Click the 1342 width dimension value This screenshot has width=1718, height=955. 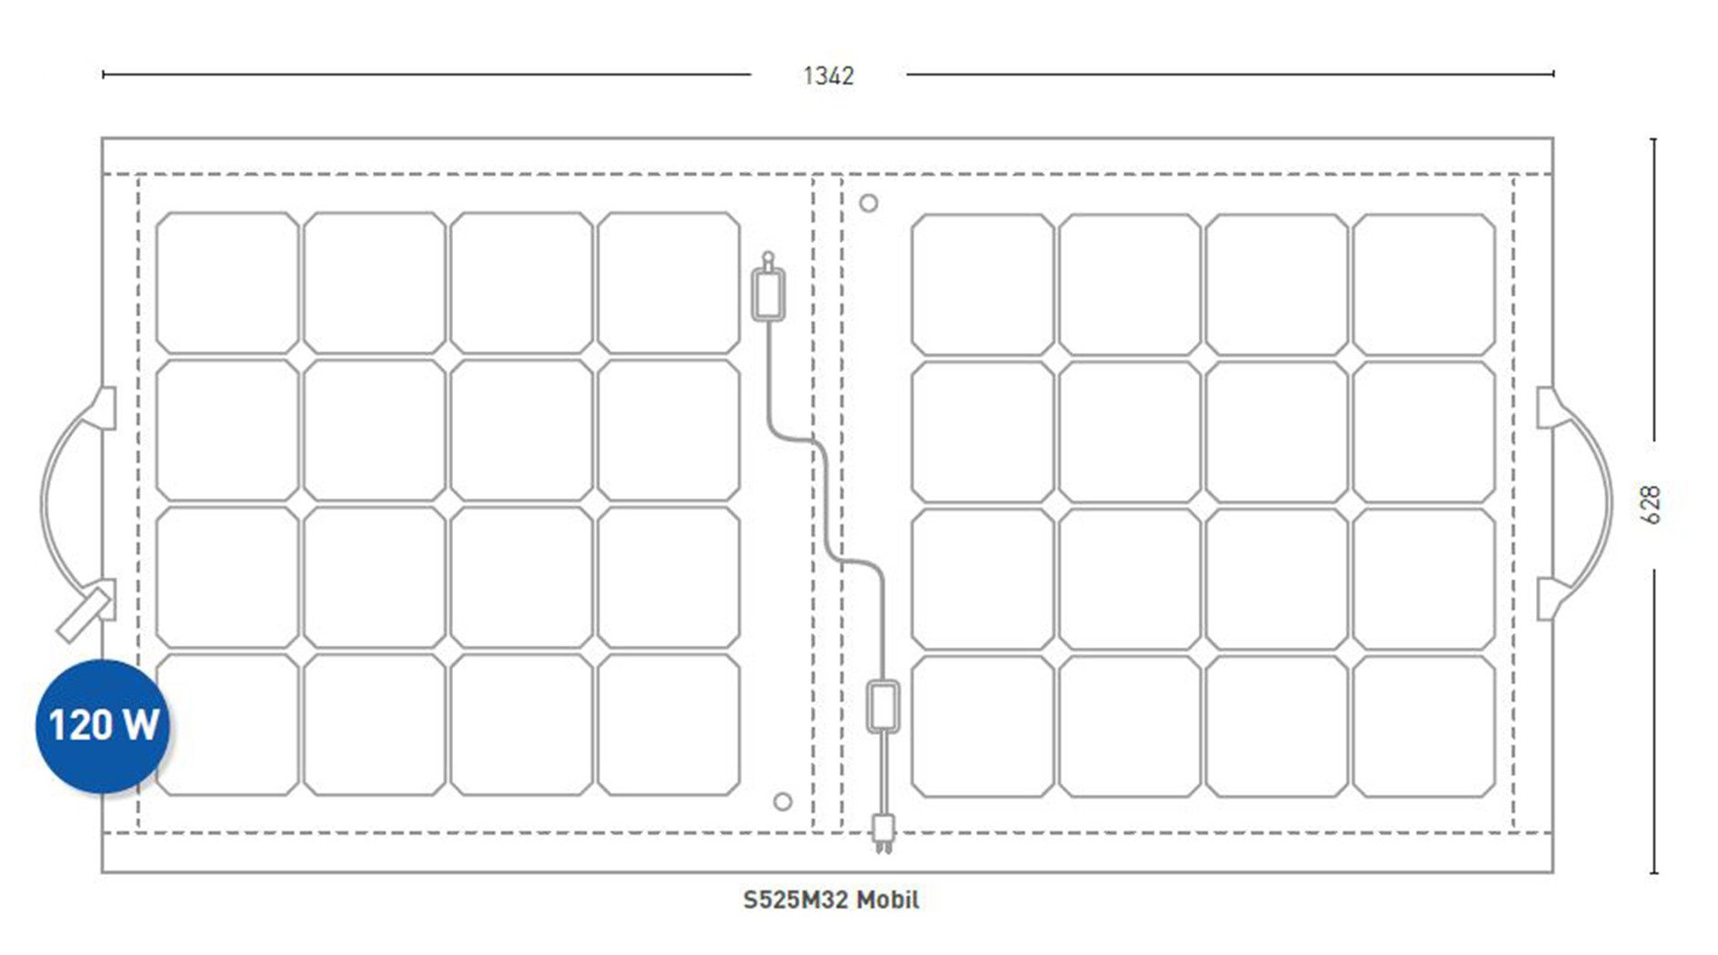[x=829, y=75]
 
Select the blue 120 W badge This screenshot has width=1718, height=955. [x=103, y=726]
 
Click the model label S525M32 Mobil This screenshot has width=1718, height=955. [x=831, y=900]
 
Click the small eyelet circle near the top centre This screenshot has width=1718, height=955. [x=869, y=203]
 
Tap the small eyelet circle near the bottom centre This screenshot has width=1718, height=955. [x=782, y=801]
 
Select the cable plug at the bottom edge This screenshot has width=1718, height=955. [x=882, y=832]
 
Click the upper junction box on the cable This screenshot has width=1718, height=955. [x=769, y=293]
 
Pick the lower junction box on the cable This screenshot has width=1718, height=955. [x=883, y=706]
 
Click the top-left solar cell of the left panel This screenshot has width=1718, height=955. [x=227, y=283]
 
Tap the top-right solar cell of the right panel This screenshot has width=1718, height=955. [x=1423, y=285]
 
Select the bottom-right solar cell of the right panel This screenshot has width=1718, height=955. [x=1423, y=727]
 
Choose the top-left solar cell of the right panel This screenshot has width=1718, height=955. [x=982, y=285]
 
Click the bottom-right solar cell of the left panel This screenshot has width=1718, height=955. [x=668, y=725]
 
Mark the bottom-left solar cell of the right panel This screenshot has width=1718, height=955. [x=982, y=727]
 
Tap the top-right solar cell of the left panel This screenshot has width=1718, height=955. [x=668, y=283]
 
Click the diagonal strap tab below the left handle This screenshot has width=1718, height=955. [x=84, y=615]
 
